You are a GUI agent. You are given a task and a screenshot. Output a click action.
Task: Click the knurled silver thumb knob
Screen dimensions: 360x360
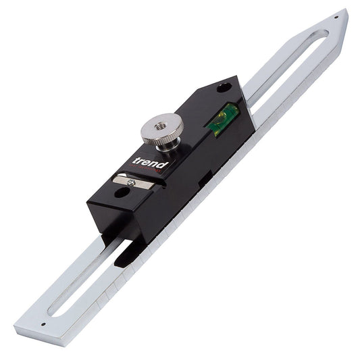[x=162, y=128]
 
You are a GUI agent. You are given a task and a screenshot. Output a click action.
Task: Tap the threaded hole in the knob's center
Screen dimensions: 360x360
[x=159, y=126]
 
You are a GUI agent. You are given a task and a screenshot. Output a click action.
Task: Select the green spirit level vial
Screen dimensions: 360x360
[x=223, y=120]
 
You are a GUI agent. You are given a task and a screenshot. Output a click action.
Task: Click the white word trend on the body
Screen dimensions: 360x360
[x=151, y=163]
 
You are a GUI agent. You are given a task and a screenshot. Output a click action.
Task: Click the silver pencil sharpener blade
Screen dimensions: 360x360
[x=133, y=182]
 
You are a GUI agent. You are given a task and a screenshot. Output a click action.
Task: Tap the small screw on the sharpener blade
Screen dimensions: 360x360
[x=131, y=182]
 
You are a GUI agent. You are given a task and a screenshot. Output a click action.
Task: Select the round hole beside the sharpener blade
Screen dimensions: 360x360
[x=122, y=192]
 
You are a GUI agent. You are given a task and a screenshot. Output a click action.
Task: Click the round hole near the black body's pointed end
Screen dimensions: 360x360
[x=224, y=88]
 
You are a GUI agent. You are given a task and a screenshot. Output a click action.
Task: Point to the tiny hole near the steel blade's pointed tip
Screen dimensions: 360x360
[x=336, y=17]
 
